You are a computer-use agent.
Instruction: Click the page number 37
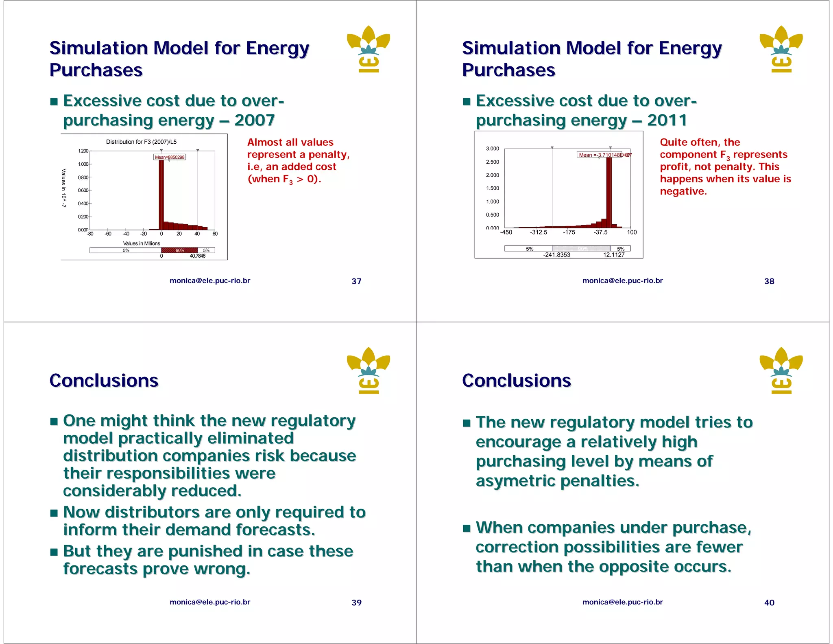pos(356,281)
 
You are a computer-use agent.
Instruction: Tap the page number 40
pos(769,602)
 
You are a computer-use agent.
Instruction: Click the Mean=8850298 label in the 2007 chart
pos(170,157)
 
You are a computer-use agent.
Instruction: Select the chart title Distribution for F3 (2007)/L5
pos(141,142)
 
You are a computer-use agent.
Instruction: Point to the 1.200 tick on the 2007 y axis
pos(83,151)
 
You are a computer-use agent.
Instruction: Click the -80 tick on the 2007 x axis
pos(90,234)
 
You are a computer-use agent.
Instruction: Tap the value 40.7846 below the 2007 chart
pos(198,256)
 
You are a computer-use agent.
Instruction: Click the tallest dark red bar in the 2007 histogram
pos(161,191)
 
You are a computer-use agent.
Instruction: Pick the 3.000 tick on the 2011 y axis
pos(492,149)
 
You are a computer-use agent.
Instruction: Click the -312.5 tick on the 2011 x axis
pos(539,232)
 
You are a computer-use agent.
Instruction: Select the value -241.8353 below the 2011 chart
pos(556,255)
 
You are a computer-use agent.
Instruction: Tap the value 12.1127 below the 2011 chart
pos(614,255)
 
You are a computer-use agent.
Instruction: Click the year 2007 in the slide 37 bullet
pos(255,120)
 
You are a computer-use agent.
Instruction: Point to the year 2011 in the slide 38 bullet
pos(667,120)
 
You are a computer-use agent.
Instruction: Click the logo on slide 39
pos(369,370)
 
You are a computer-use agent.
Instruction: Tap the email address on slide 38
pos(622,281)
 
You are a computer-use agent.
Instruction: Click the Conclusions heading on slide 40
pos(517,381)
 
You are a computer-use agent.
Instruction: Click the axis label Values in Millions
pos(142,243)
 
